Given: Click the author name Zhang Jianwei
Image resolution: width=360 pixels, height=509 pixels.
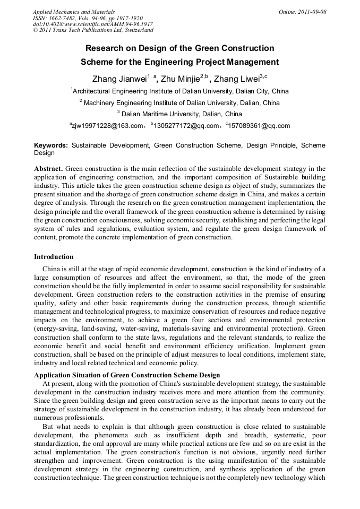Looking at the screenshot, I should coord(119,79).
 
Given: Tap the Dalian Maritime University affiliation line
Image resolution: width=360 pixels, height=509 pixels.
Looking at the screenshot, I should coord(179,114).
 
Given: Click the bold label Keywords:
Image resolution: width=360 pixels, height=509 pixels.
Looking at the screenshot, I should coord(51,145).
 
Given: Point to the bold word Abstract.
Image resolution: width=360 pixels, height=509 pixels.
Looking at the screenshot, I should coord(49,169).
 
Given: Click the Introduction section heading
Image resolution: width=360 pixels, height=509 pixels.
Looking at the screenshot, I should coord(54,257).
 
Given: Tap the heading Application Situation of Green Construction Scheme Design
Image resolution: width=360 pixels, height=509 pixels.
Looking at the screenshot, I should coord(127,375).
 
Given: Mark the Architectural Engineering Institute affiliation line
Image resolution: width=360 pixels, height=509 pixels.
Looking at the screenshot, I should coord(179,91).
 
